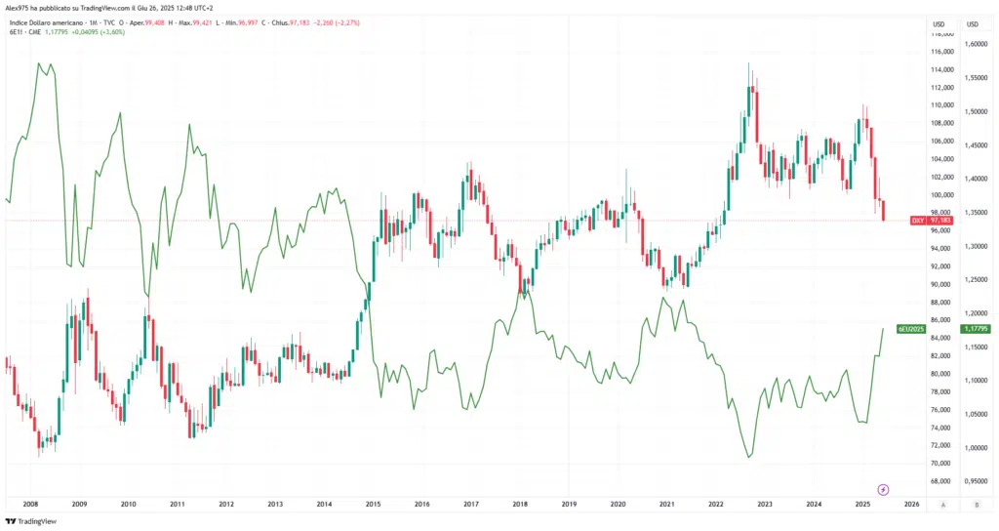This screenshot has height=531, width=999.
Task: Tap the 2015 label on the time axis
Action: [x=373, y=505]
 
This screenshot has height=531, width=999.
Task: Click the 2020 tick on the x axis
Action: [x=618, y=505]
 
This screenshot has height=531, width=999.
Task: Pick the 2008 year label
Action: [x=29, y=505]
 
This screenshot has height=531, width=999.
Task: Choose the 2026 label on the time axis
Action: [x=911, y=505]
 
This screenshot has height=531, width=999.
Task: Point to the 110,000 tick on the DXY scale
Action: [x=941, y=105]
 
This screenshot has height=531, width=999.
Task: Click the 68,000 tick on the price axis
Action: [x=941, y=481]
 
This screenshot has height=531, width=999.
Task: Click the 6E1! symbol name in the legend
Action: [x=17, y=32]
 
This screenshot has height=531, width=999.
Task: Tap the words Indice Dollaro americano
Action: [x=48, y=21]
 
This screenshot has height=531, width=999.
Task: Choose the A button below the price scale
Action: [x=941, y=505]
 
